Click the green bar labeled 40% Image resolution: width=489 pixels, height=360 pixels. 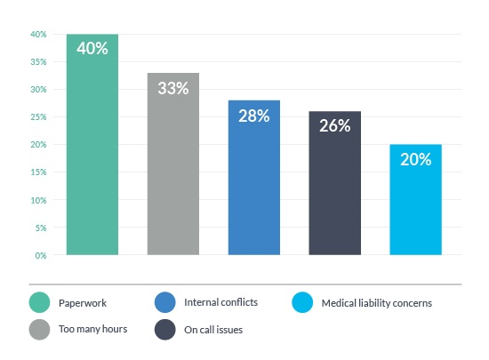[x=92, y=151]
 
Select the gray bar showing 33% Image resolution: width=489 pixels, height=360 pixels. [x=172, y=169]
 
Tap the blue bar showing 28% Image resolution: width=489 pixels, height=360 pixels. [x=253, y=182]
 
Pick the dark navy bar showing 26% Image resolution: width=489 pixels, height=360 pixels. [x=334, y=187]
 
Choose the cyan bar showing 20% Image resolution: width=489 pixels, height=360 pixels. [x=415, y=204]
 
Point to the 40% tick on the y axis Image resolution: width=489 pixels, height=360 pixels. [x=38, y=35]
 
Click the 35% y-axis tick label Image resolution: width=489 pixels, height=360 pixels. [x=38, y=62]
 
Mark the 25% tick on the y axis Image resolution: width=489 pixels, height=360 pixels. [x=38, y=117]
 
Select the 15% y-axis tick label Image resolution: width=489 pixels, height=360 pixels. [x=38, y=172]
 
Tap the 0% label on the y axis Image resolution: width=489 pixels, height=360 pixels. [x=40, y=255]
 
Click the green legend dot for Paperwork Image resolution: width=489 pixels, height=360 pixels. [x=38, y=302]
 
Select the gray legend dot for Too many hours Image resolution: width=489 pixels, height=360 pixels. [x=38, y=330]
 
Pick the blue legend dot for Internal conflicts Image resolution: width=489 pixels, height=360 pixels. [x=165, y=302]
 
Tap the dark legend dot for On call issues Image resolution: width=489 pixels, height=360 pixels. [x=165, y=330]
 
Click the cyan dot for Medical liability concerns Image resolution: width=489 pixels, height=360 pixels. [x=303, y=302]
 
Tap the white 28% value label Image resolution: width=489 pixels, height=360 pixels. [x=253, y=116]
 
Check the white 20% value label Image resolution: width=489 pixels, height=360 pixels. [x=415, y=160]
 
